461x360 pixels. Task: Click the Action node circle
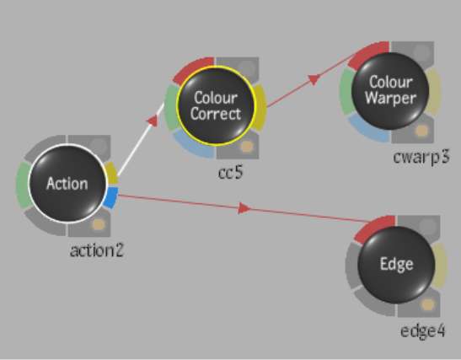point(67,183)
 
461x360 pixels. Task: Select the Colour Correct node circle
point(216,105)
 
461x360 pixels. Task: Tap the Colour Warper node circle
point(390,90)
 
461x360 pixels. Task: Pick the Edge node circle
point(396,264)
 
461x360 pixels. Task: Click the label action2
point(96,251)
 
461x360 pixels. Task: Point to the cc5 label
point(231,172)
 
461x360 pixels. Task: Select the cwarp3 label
point(421,158)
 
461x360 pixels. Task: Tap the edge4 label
point(423,330)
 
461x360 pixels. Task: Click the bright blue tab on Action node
point(111,197)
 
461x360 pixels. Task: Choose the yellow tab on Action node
point(112,173)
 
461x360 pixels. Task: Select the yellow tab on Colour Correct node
point(260,107)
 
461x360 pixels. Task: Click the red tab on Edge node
point(373,227)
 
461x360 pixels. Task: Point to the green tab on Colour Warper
point(346,92)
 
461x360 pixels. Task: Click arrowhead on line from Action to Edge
point(244,208)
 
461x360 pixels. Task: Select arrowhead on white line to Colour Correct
point(153,121)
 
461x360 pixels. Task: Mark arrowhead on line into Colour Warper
point(314,79)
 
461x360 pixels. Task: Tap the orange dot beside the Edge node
point(428,304)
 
